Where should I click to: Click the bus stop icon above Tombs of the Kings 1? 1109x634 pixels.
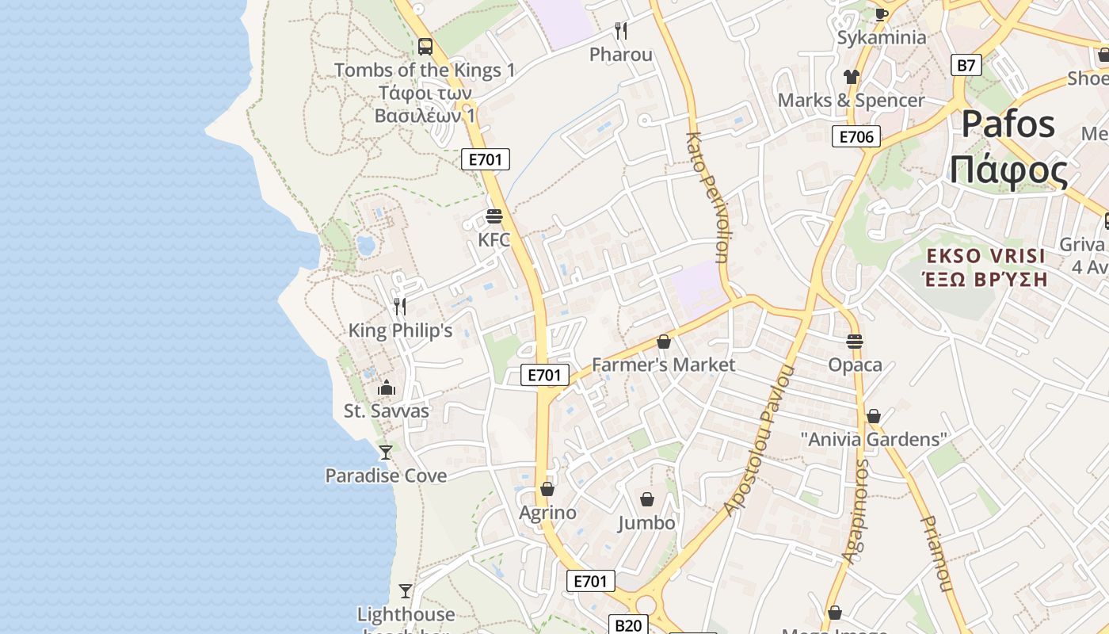[x=425, y=46]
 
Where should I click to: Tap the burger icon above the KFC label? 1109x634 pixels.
[x=494, y=216]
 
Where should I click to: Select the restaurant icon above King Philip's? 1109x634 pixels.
[x=400, y=306]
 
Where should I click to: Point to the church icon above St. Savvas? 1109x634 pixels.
[x=387, y=388]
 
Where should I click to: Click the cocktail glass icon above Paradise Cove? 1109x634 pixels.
[x=386, y=453]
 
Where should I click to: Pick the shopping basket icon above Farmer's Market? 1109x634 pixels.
[x=664, y=342]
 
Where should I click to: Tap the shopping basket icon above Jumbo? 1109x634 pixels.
[x=647, y=499]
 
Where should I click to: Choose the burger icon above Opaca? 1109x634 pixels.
[x=854, y=342]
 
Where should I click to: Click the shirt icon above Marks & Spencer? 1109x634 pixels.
[x=852, y=77]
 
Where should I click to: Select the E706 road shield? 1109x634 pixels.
[x=856, y=137]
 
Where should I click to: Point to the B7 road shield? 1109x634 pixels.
[x=966, y=65]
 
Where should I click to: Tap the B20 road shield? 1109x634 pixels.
[x=628, y=625]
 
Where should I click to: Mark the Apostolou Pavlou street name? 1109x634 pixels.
[x=758, y=441]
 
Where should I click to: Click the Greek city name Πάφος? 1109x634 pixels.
[x=1008, y=170]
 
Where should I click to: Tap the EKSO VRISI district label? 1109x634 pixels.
[x=986, y=256]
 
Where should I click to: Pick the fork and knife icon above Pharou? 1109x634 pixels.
[x=621, y=31]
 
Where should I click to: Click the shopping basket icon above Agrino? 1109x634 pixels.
[x=547, y=489]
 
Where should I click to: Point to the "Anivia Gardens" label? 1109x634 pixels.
[x=874, y=439]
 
